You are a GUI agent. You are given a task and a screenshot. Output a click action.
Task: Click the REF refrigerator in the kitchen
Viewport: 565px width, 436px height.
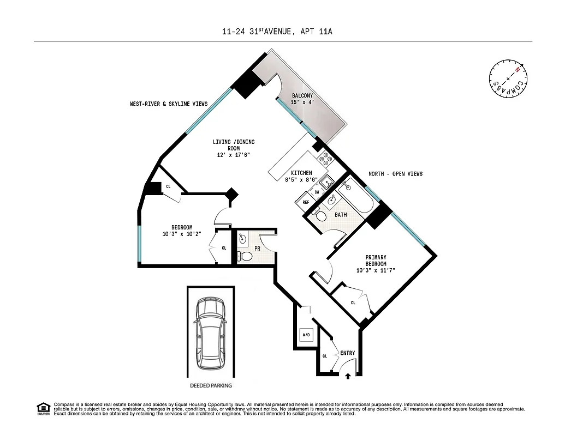306,202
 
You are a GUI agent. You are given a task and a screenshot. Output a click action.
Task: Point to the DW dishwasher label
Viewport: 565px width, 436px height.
317,192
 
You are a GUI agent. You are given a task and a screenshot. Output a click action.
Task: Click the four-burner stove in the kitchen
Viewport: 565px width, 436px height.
326,158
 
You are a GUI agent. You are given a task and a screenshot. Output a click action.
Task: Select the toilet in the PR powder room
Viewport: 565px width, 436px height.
246,256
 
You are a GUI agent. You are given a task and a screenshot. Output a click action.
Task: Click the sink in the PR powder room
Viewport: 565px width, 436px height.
243,238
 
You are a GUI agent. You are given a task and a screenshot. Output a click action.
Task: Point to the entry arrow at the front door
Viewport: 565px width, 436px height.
348,375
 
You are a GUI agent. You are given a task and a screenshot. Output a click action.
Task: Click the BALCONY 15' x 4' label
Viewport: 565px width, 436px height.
302,99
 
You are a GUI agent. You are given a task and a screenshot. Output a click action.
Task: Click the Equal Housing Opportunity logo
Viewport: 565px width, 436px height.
43,408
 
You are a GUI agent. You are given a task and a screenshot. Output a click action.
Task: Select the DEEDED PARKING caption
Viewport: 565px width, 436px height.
211,385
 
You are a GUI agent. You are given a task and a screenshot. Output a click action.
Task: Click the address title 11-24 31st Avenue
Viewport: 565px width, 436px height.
277,32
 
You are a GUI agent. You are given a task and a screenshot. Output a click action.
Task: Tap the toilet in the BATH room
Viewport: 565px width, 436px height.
322,216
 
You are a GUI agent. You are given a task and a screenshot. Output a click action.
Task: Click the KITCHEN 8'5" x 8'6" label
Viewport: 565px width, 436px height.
301,176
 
